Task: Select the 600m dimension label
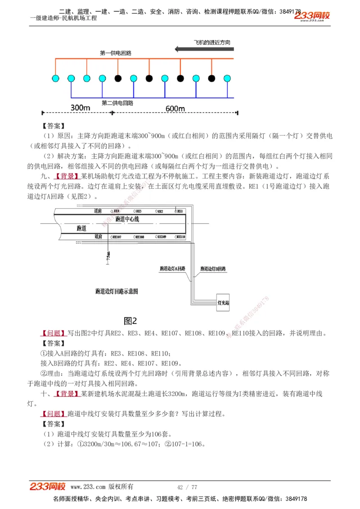(175, 108)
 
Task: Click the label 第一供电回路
(116, 53)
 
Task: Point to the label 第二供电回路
(117, 103)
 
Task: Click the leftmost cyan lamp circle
(55, 79)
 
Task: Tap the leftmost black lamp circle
(118, 79)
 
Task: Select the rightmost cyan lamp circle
(227, 79)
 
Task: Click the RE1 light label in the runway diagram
(180, 211)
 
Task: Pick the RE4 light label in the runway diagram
(116, 211)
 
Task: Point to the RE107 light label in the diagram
(116, 237)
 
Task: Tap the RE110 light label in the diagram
(180, 237)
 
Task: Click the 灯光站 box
(223, 303)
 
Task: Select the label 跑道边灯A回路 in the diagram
(173, 268)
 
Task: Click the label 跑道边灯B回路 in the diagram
(213, 268)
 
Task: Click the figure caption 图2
(130, 321)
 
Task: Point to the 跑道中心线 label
(127, 219)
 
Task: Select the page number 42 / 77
(187, 487)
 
